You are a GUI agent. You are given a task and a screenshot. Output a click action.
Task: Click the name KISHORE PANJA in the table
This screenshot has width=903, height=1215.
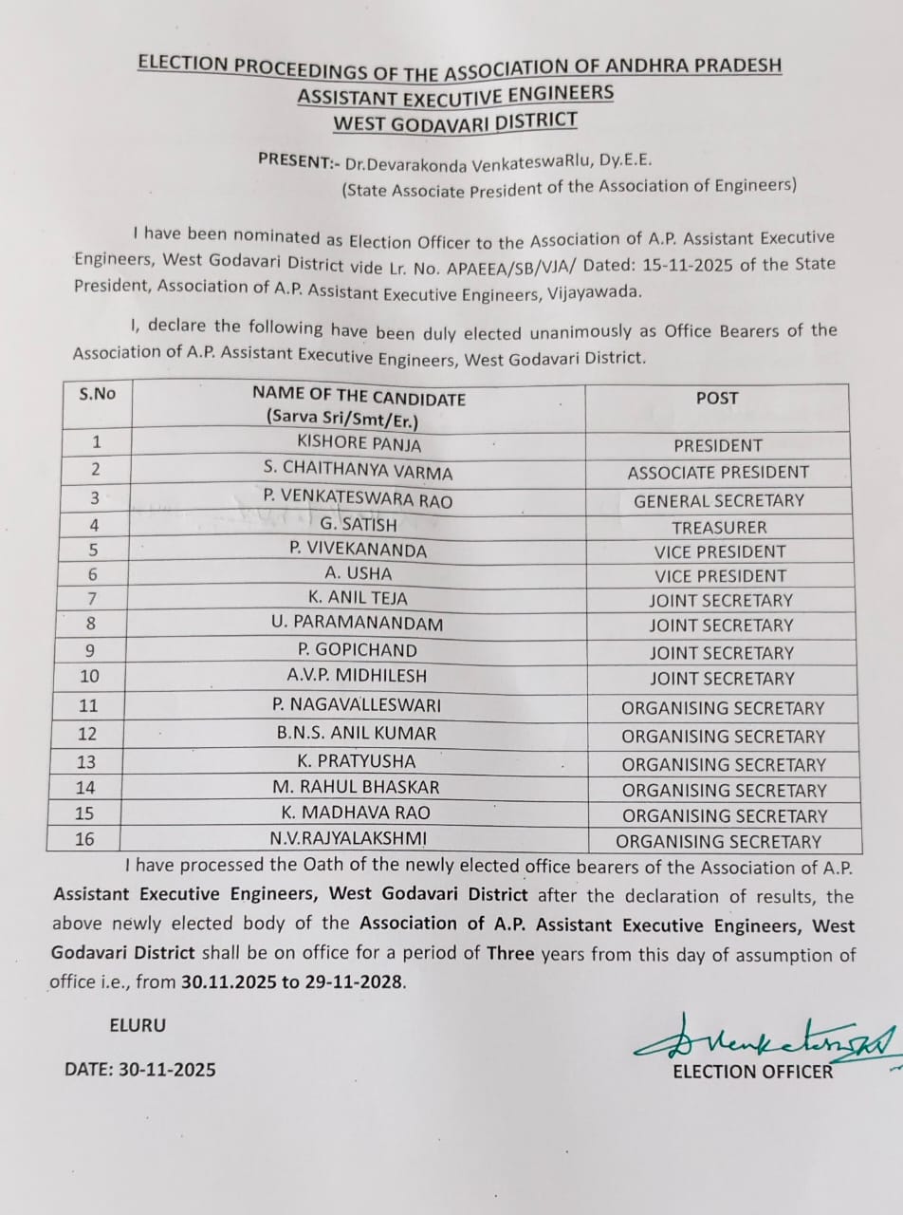point(359,442)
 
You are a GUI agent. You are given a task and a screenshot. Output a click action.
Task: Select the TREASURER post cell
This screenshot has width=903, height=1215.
point(719,528)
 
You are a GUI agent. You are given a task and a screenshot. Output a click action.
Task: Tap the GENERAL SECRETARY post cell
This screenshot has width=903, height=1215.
point(718,500)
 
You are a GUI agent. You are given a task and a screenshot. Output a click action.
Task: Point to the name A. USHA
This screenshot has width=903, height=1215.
point(358,573)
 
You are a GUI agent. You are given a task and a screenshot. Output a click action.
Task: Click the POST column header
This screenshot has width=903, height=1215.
point(716,398)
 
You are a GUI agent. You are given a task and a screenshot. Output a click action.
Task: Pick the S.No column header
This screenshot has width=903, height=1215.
point(97,393)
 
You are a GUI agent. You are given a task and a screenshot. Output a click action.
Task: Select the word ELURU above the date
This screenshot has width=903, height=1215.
point(138,1025)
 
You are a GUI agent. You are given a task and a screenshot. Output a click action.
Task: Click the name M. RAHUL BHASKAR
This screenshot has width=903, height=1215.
point(358,787)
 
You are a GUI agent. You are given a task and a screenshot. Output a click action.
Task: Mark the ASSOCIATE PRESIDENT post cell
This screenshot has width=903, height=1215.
point(718,473)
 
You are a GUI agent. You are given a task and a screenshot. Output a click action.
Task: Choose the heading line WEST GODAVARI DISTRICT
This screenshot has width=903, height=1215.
point(454,121)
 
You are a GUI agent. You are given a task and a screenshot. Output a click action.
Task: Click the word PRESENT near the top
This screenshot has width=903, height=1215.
point(292,161)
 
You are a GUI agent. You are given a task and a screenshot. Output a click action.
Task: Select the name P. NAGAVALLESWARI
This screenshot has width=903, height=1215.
point(359,704)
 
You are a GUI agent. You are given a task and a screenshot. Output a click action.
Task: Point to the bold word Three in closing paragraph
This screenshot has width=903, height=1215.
point(511,954)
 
